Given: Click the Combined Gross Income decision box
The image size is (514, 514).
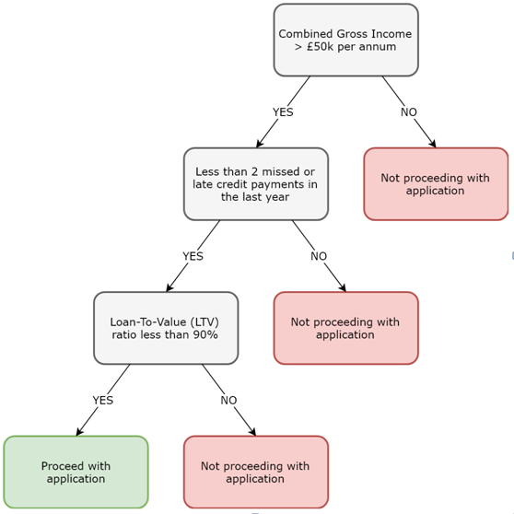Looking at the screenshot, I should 345,40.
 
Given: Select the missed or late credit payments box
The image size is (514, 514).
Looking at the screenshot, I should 255,184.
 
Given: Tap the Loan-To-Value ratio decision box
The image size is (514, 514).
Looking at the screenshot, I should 166,328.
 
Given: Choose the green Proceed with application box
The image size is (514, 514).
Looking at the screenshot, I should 76,472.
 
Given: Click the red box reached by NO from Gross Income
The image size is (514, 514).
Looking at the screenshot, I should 436,184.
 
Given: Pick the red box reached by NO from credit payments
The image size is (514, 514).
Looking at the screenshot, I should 345,328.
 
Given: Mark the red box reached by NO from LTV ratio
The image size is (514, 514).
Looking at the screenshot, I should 255,472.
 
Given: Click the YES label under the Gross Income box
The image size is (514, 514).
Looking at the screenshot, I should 283,112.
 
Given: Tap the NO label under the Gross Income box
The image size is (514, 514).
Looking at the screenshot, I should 408,112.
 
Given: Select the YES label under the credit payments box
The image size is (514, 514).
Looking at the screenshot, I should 193,256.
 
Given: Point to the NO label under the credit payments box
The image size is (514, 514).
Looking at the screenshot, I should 318,256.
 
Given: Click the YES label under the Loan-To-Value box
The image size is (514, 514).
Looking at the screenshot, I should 102,400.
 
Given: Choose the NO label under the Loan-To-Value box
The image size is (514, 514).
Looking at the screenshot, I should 228,400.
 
